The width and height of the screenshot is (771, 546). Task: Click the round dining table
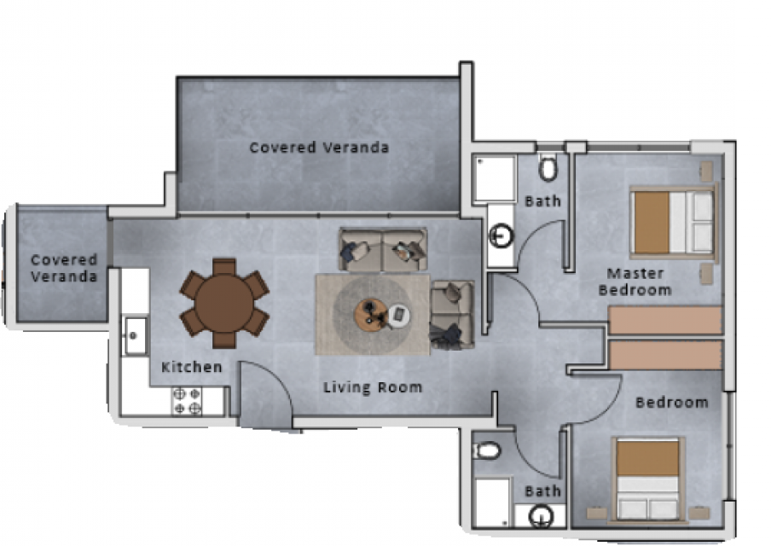pyautogui.click(x=224, y=303)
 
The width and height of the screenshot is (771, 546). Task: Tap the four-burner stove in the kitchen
pyautogui.click(x=188, y=401)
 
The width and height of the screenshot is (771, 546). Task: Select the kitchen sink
pyautogui.click(x=134, y=336)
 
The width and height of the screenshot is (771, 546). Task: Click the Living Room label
pyautogui.click(x=373, y=387)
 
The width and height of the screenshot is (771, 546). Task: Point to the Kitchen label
pyautogui.click(x=192, y=367)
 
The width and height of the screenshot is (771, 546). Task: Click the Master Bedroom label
pyautogui.click(x=635, y=282)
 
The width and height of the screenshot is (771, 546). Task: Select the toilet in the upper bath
pyautogui.click(x=548, y=167)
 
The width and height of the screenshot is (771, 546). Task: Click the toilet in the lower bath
pyautogui.click(x=486, y=450)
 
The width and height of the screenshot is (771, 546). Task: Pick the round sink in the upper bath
pyautogui.click(x=501, y=235)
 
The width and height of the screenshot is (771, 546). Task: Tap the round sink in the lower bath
pyautogui.click(x=542, y=516)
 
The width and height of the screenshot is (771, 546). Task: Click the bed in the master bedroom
pyautogui.click(x=673, y=223)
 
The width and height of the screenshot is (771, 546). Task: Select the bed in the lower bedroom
pyautogui.click(x=648, y=479)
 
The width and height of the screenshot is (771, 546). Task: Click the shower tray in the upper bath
pyautogui.click(x=494, y=178)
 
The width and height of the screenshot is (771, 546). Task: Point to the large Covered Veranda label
pyautogui.click(x=319, y=147)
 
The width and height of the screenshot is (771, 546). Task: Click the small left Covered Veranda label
pyautogui.click(x=64, y=268)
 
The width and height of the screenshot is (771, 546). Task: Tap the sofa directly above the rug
pyautogui.click(x=383, y=249)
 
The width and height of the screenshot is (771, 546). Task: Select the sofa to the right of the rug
pyautogui.click(x=452, y=315)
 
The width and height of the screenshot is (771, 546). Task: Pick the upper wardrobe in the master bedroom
pyautogui.click(x=665, y=320)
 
